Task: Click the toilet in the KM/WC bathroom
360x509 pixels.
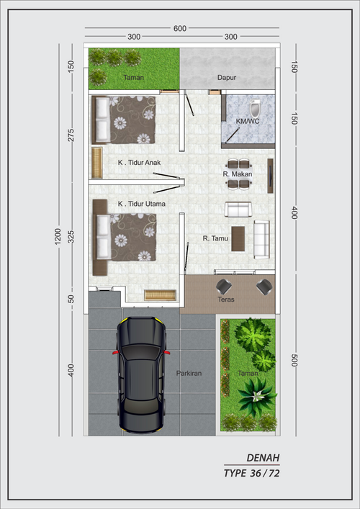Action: (256, 109)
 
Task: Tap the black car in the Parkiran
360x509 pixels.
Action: (141, 374)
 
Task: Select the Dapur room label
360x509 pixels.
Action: (227, 78)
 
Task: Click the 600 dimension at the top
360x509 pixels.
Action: (180, 29)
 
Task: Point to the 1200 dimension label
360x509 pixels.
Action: (58, 236)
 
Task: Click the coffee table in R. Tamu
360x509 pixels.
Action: (238, 238)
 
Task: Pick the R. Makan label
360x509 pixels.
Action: (238, 174)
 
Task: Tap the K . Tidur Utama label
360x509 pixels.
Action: (142, 204)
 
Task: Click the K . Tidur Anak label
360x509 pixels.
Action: (139, 162)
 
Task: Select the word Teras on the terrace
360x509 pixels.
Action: (226, 299)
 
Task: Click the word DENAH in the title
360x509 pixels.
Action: (263, 458)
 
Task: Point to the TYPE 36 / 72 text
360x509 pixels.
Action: (251, 473)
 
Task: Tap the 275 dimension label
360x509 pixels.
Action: (71, 135)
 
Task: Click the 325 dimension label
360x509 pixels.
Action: (71, 237)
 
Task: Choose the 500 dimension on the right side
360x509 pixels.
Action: (294, 360)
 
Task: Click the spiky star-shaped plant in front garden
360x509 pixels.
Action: (258, 395)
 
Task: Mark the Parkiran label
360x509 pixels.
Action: (189, 374)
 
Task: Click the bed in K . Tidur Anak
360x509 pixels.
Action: (124, 120)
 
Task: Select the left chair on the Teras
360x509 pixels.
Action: (224, 287)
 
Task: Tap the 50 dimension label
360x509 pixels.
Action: (71, 299)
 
